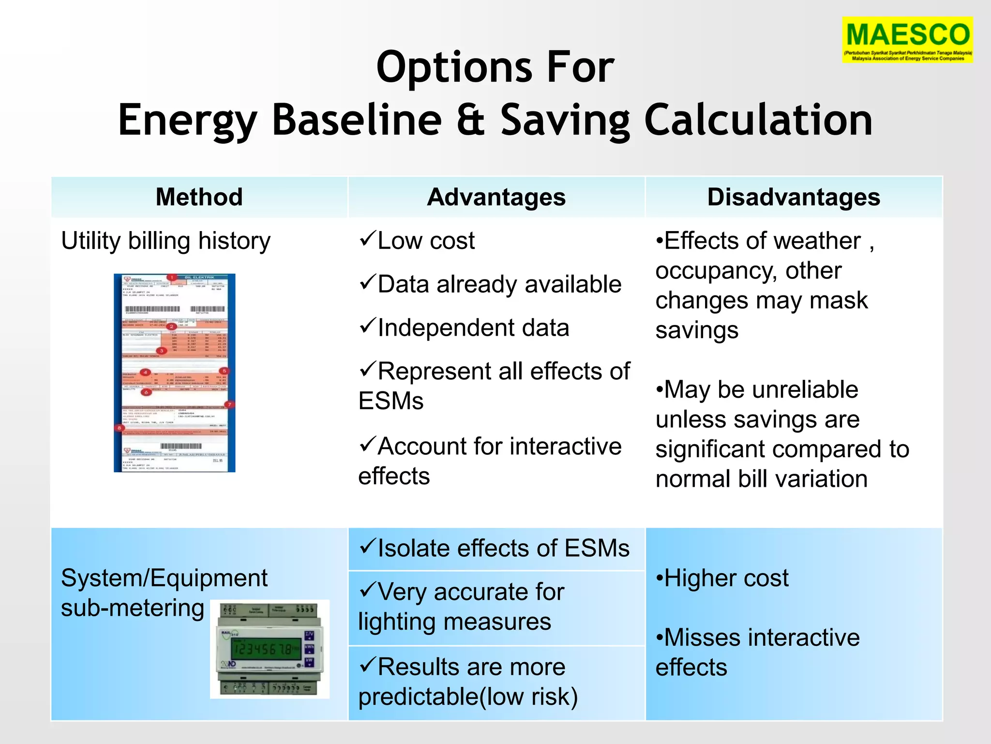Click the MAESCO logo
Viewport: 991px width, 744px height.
tap(907, 39)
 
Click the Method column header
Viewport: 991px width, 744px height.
tap(199, 197)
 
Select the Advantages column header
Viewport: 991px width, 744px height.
tap(496, 197)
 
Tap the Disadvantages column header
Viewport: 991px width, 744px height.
tap(794, 197)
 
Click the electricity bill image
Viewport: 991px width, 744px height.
tap(174, 372)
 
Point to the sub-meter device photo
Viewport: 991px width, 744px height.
tap(270, 649)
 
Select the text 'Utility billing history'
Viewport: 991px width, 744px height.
tap(165, 241)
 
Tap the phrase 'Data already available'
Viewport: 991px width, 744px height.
tap(499, 284)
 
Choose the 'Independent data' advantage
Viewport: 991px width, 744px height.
tap(473, 328)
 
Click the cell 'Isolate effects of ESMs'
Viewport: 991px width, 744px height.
tap(496, 548)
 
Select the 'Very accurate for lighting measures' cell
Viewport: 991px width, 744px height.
tap(496, 607)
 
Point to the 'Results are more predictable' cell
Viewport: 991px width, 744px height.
tap(496, 682)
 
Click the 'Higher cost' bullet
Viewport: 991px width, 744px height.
tap(725, 578)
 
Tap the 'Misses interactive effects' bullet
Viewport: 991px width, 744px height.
tap(757, 652)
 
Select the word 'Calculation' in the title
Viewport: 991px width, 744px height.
tap(758, 120)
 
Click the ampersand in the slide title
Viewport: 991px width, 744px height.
tap(470, 120)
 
